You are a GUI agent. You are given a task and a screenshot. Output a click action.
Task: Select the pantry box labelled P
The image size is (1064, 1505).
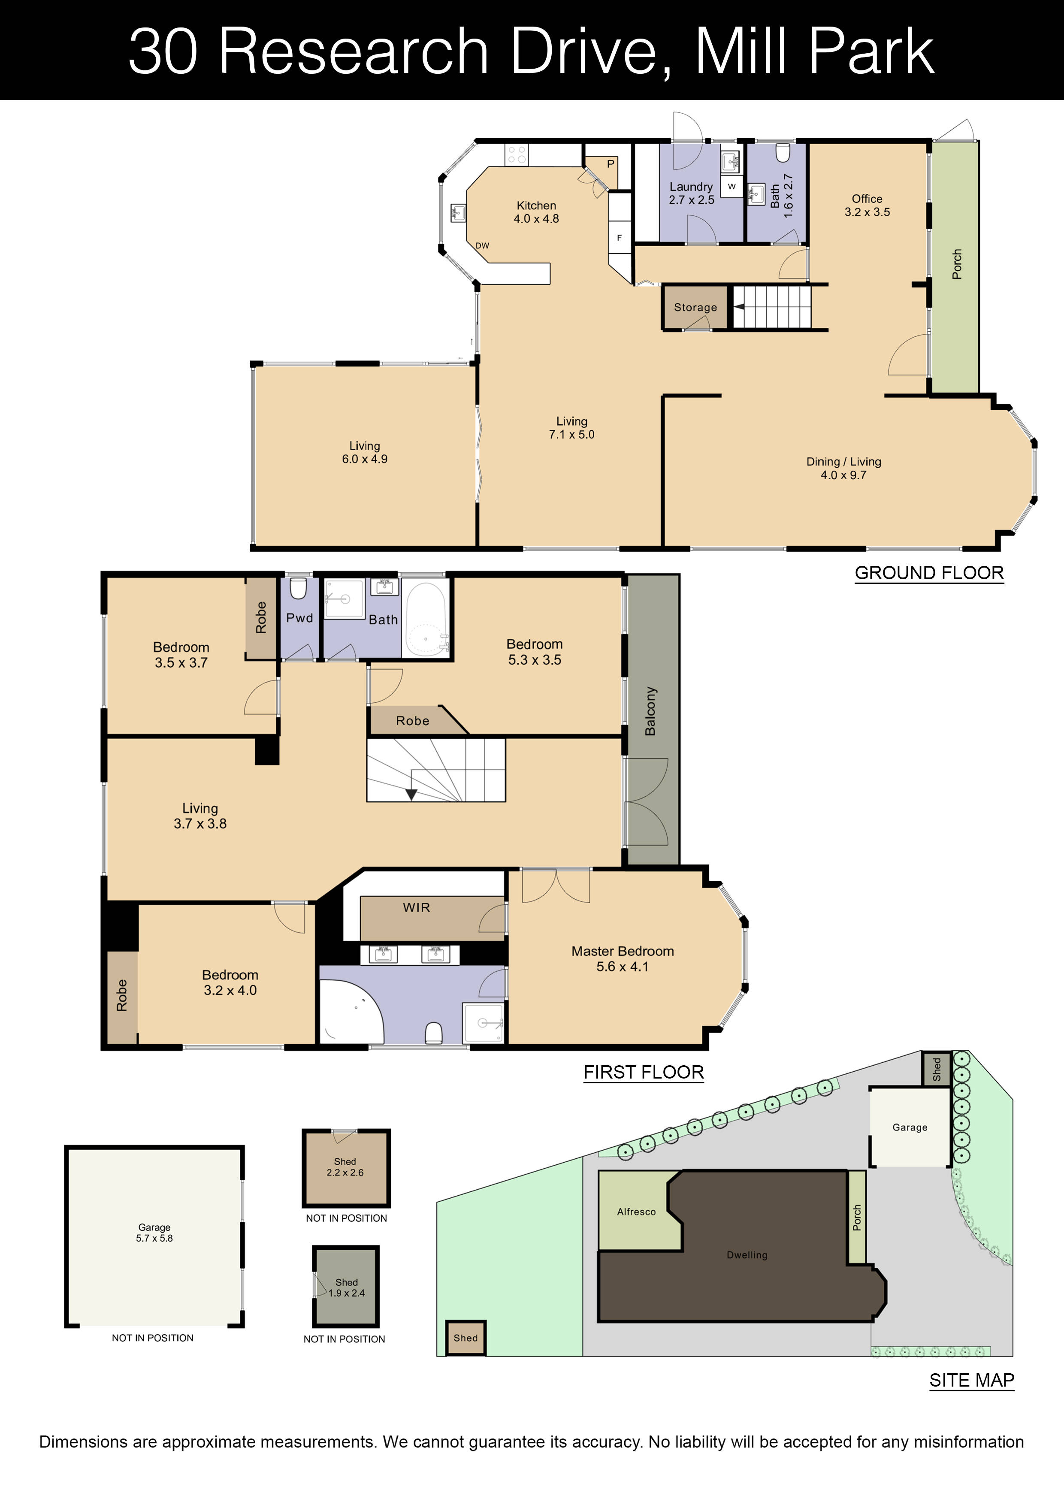(x=610, y=164)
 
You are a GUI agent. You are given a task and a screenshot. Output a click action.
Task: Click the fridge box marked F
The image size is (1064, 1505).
(x=619, y=239)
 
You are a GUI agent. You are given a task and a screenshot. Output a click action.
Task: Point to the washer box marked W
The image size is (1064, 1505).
(x=731, y=187)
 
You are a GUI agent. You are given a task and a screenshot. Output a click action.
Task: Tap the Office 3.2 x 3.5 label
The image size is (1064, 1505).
(x=867, y=205)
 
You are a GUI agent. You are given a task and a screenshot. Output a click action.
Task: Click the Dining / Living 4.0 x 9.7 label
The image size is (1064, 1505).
(x=843, y=468)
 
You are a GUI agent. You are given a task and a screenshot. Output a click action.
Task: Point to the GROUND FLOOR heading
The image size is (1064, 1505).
(x=928, y=573)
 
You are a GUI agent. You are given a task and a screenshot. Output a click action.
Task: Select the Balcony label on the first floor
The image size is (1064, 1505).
(x=650, y=711)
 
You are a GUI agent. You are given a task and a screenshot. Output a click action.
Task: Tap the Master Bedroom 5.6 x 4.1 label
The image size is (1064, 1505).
(x=622, y=958)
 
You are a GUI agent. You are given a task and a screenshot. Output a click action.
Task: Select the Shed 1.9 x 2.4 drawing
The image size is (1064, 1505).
(x=346, y=1287)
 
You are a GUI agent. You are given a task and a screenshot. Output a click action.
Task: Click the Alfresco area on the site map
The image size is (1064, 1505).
(x=636, y=1212)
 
